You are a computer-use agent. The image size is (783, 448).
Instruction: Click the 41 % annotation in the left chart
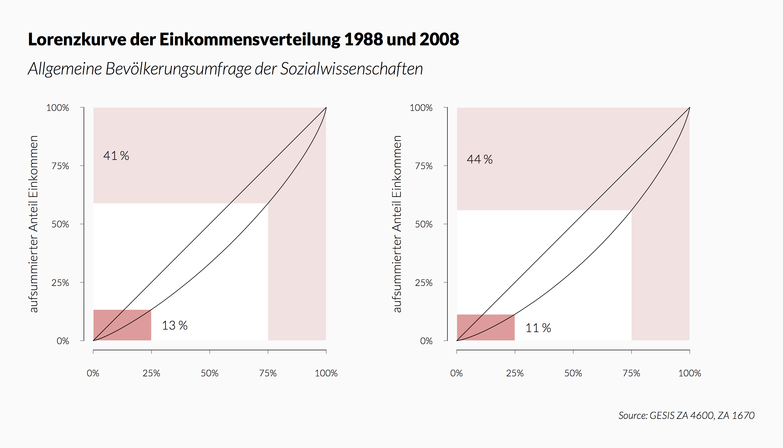[x=116, y=156]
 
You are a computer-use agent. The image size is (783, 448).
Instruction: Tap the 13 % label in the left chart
[x=174, y=326]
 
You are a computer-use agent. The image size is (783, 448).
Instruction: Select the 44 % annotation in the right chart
[x=480, y=159]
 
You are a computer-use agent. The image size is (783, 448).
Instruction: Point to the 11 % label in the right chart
[x=538, y=328]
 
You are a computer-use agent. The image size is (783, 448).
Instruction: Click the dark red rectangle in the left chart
[x=122, y=325]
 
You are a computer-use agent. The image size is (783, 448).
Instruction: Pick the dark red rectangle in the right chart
[x=485, y=327]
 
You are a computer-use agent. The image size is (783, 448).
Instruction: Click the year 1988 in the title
[x=363, y=39]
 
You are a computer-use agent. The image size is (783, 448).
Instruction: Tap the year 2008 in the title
[x=439, y=39]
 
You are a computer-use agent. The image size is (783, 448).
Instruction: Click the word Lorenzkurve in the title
[x=77, y=39]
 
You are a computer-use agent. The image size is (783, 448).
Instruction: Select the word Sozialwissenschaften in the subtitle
[x=351, y=69]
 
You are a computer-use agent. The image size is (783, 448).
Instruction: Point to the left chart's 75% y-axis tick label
[x=60, y=166]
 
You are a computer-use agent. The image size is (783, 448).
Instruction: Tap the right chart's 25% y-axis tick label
[x=423, y=283]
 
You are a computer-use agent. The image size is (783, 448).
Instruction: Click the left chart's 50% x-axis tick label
[x=209, y=373]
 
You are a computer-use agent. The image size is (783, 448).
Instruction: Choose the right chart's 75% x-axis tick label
[x=631, y=373]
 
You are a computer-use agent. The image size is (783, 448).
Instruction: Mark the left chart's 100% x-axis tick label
[x=326, y=373]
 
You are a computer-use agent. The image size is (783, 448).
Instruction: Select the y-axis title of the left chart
[x=33, y=224]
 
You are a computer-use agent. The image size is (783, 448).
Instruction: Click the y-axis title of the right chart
[x=397, y=224]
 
